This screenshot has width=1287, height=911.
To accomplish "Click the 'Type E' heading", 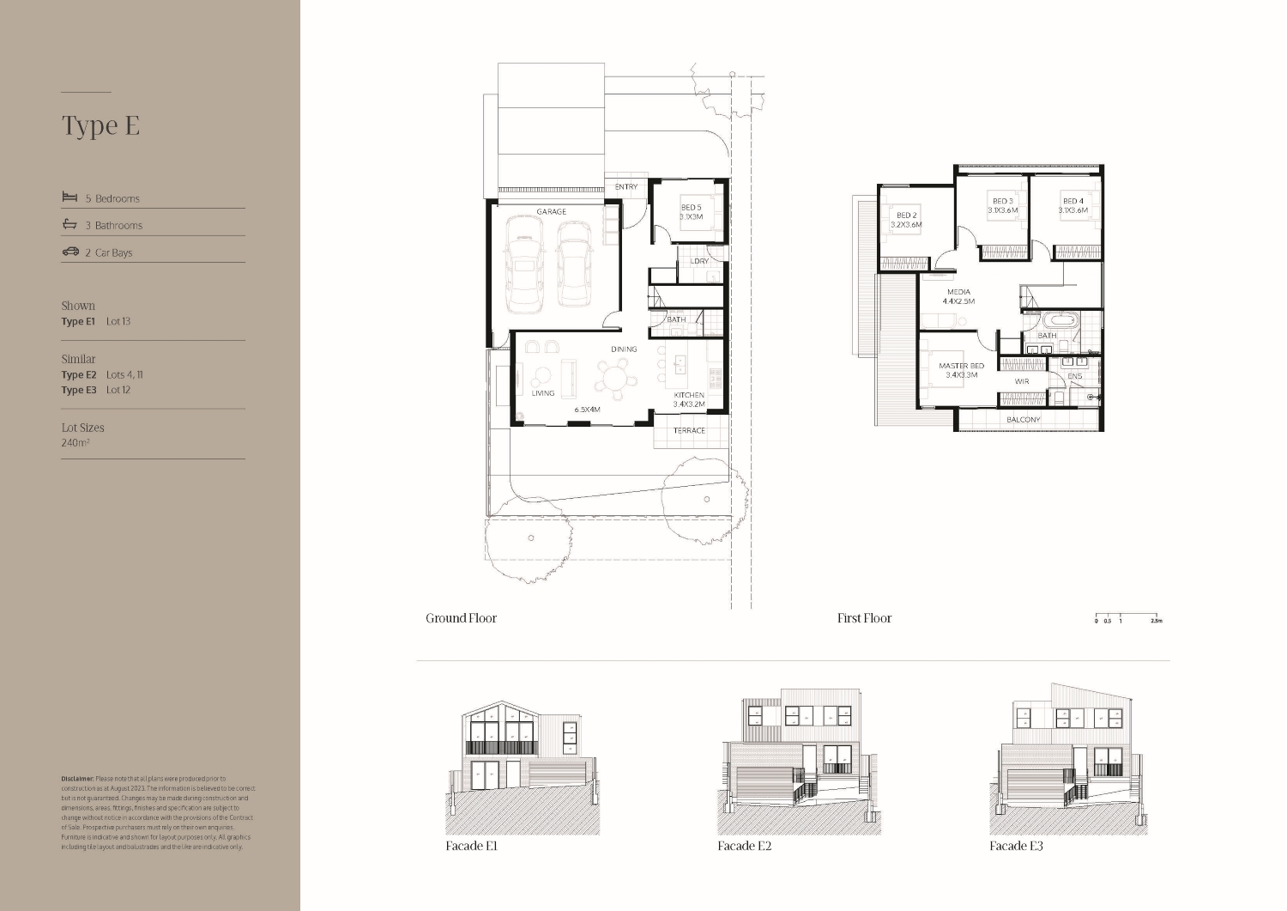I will point(100,125).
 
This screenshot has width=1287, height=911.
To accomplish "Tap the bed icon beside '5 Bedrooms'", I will point(69,197).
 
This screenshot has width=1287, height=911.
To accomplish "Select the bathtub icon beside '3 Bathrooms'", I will point(69,225).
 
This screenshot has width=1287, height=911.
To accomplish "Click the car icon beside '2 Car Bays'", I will point(70,252).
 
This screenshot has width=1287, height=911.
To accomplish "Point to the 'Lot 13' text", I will point(118,321).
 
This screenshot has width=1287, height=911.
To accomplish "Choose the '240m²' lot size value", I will point(76,443).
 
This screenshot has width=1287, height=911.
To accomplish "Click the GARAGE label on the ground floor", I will point(551,211).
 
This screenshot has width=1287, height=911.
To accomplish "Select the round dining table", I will point(616,376).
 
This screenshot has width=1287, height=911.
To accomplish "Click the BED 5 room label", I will point(691,207).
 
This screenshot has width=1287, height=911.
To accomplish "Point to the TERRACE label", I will point(688,430).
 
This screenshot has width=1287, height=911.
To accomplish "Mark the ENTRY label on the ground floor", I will point(626,186).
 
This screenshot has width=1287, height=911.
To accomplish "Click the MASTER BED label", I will point(961,366).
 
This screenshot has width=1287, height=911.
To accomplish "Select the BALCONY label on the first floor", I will point(1023,419).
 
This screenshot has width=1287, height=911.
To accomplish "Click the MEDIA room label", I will point(958,292).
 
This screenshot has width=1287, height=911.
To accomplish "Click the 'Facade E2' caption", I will point(744,846).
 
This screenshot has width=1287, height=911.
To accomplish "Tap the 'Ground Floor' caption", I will point(461,618).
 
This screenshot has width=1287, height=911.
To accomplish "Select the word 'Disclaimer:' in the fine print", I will point(77,778).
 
